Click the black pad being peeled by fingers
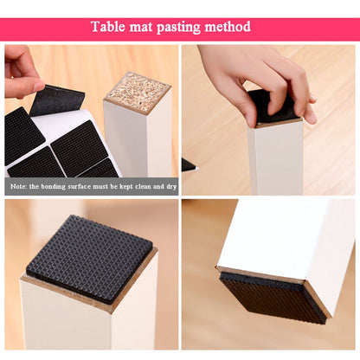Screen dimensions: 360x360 pyautogui.click(x=59, y=100)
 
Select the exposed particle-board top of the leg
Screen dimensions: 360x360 pyautogui.click(x=137, y=88)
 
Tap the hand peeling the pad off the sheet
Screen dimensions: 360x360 pyautogui.click(x=22, y=73)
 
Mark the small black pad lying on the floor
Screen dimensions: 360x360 pyautogui.click(x=188, y=164)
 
